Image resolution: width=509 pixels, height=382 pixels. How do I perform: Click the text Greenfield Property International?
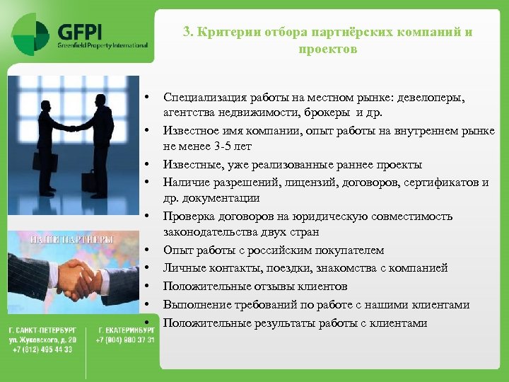(x=103, y=45)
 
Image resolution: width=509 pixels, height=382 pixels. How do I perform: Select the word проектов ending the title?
(x=327, y=50)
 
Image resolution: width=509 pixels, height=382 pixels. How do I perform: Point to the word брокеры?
(x=329, y=112)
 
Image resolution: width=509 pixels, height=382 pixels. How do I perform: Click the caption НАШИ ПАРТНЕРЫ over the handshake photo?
(x=71, y=239)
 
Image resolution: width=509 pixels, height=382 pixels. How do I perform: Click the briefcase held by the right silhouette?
(x=88, y=180)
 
